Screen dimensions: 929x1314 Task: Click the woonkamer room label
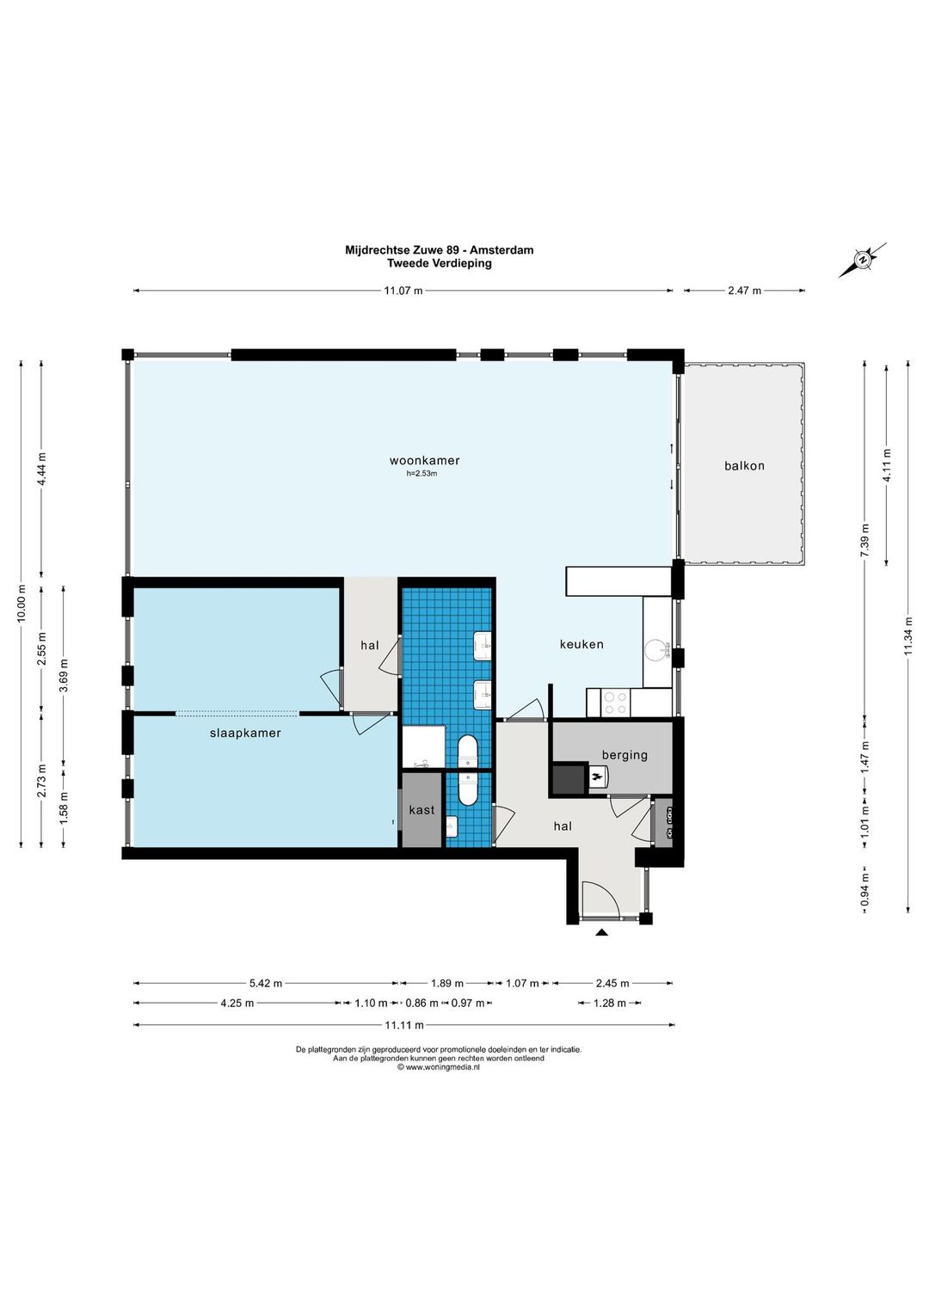tap(424, 460)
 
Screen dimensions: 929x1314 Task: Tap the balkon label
tap(744, 466)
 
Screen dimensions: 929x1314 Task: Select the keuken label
tap(581, 644)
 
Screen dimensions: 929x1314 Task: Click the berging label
tap(625, 755)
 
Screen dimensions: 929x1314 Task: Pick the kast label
tap(422, 810)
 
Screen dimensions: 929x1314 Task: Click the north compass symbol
tap(862, 260)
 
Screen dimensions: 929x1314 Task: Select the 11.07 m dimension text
tap(403, 291)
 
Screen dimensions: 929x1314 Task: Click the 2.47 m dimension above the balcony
tap(744, 291)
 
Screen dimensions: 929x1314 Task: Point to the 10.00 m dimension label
tap(22, 603)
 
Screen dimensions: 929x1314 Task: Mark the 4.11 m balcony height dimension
tap(887, 464)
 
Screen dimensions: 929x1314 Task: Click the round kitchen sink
tap(656, 650)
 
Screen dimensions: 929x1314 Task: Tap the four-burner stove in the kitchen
tap(615, 703)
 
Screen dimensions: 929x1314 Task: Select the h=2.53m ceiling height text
tap(422, 474)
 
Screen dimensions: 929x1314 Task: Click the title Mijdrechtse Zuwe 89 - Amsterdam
tap(439, 250)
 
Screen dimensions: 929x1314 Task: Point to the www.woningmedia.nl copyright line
tap(439, 1068)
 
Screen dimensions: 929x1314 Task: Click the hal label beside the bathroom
tap(370, 645)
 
